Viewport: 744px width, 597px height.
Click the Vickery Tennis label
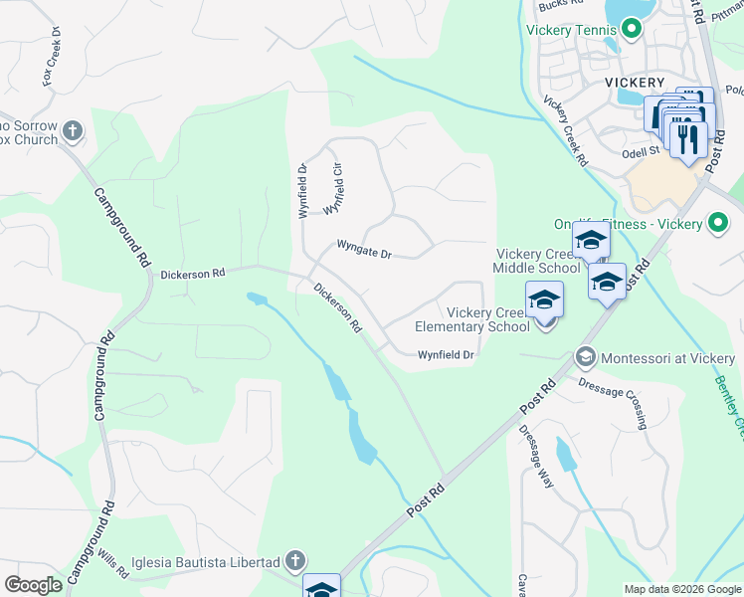pyautogui.click(x=572, y=30)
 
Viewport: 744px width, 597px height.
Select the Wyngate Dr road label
pyautogui.click(x=364, y=250)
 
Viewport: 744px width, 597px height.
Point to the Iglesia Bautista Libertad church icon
pyautogui.click(x=294, y=562)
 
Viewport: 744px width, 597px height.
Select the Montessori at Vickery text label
pyautogui.click(x=664, y=357)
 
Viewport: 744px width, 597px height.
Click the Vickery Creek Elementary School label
pyautogui.click(x=472, y=320)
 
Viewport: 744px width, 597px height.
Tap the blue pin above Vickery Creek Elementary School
pyautogui.click(x=545, y=301)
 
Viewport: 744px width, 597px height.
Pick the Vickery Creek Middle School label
pyautogui.click(x=538, y=262)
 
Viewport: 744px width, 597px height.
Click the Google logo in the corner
pyautogui.click(x=33, y=584)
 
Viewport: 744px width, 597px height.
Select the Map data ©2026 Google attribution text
pyautogui.click(x=681, y=589)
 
